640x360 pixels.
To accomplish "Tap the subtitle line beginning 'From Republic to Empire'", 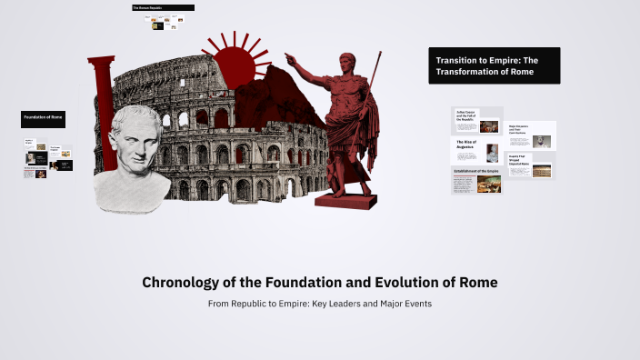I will pyautogui.click(x=319, y=303).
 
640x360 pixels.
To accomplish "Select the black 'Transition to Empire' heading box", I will pyautogui.click(x=494, y=65).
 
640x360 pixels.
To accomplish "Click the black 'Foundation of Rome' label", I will pyautogui.click(x=43, y=118).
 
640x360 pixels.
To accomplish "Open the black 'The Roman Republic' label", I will pyautogui.click(x=163, y=8).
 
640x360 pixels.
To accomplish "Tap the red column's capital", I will pyautogui.click(x=101, y=61).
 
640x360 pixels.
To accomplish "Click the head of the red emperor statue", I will pyautogui.click(x=347, y=63).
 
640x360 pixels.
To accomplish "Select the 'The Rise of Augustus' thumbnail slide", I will pyautogui.click(x=477, y=150).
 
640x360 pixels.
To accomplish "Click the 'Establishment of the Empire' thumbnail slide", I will pyautogui.click(x=477, y=180).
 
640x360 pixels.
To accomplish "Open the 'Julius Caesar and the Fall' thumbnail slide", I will pyautogui.click(x=477, y=120).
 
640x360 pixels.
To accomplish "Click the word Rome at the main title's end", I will pyautogui.click(x=478, y=283).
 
